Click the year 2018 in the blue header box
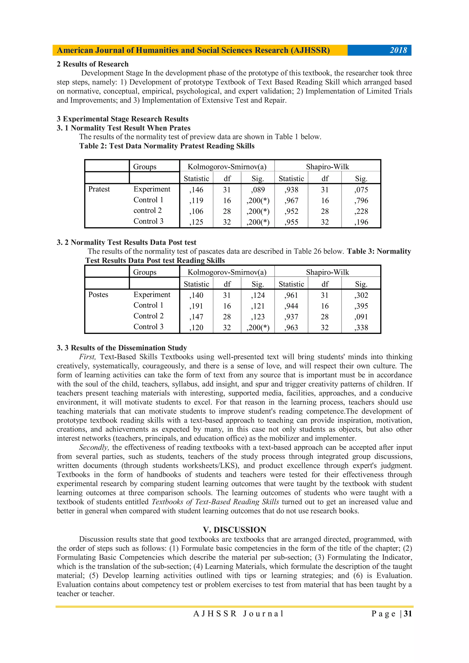[x=398, y=50]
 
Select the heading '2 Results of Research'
[x=93, y=64]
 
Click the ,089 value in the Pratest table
[x=257, y=190]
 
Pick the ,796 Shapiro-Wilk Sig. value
[x=361, y=200]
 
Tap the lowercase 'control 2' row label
[x=147, y=211]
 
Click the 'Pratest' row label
[x=99, y=189]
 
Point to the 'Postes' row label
[x=98, y=295]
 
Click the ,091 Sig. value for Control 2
[x=361, y=317]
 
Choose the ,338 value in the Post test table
[x=361, y=327]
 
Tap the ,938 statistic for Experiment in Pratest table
[x=291, y=190]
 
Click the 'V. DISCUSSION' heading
[x=234, y=530]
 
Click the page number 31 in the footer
[x=408, y=614]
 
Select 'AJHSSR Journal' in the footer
[x=238, y=614]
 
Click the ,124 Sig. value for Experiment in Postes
[x=257, y=295]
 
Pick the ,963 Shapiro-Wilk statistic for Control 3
[x=291, y=327]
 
